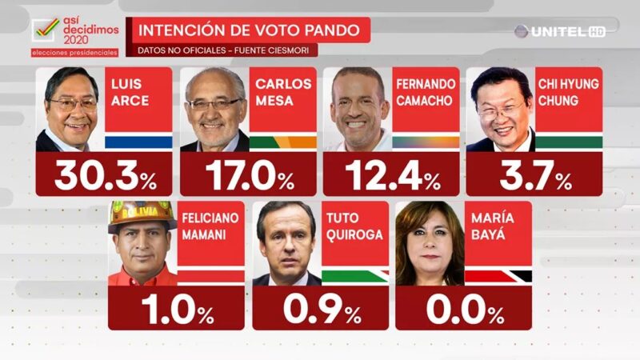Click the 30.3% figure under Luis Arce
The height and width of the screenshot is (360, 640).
pyautogui.click(x=105, y=175)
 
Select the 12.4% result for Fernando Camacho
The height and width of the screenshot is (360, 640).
pyautogui.click(x=391, y=175)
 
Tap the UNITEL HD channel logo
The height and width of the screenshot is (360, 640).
pyautogui.click(x=559, y=31)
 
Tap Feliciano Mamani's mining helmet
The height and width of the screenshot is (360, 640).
pyautogui.click(x=142, y=214)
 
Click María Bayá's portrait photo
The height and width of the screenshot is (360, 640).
pyautogui.click(x=430, y=244)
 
